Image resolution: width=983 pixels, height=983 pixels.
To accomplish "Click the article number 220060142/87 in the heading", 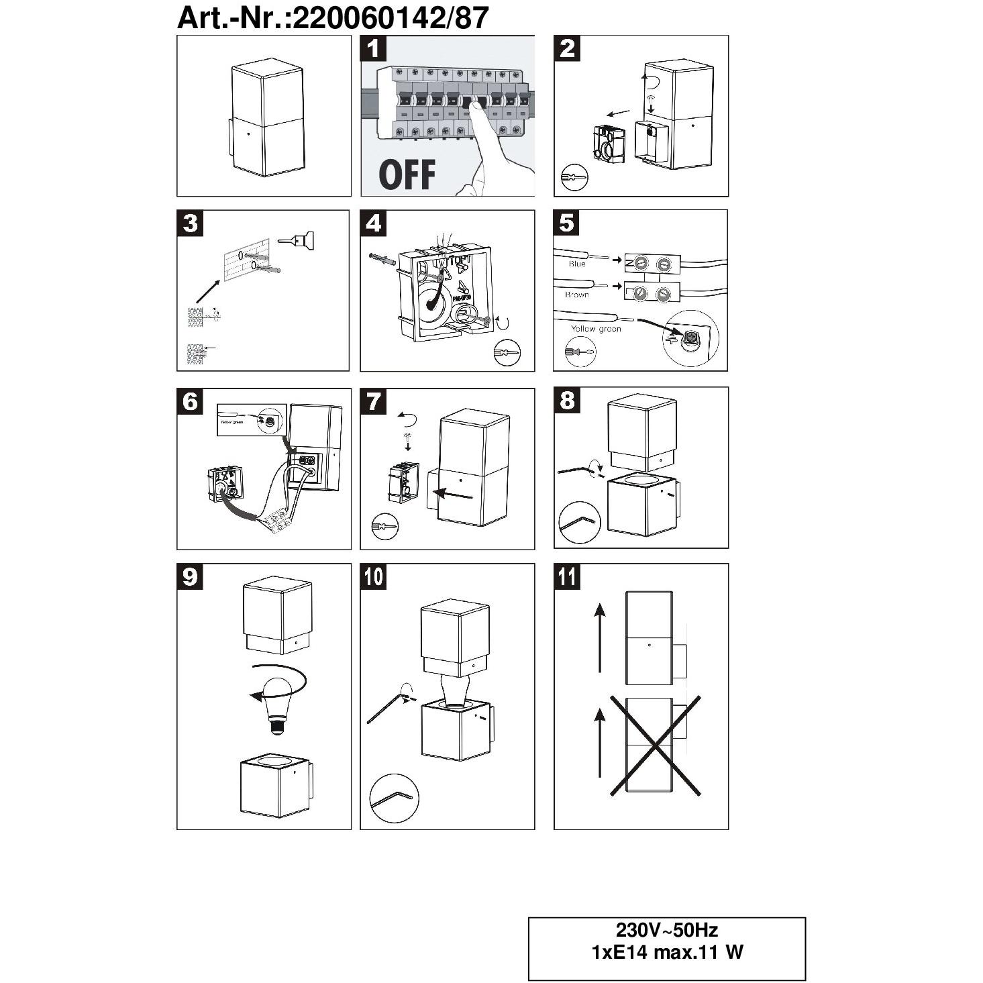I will pyautogui.click(x=391, y=18).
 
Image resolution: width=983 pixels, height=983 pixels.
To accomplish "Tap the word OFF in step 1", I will pyautogui.click(x=407, y=174).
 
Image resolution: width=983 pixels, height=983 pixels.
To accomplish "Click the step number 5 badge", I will pyautogui.click(x=567, y=223).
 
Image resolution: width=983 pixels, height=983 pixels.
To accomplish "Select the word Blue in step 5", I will pyautogui.click(x=577, y=264).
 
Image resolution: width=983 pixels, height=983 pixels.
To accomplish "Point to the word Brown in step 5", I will pyautogui.click(x=577, y=295).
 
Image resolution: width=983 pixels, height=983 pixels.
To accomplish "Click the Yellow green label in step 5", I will pyautogui.click(x=596, y=329).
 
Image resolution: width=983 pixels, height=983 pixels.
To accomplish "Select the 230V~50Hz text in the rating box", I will pyautogui.click(x=667, y=931).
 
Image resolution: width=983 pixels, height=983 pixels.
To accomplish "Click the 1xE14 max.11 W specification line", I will pyautogui.click(x=667, y=952).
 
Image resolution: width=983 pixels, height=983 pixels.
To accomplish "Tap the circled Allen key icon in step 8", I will pyautogui.click(x=579, y=523).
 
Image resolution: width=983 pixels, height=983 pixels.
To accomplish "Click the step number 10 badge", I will pyautogui.click(x=374, y=576).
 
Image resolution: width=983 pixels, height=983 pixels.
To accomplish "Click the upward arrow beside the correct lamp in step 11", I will pyautogui.click(x=600, y=637).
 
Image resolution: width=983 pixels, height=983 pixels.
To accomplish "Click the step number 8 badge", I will pyautogui.click(x=567, y=401).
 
